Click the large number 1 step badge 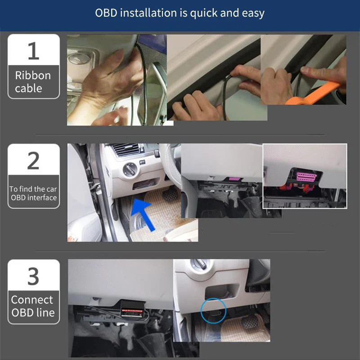(33, 51)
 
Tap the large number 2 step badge (33, 161)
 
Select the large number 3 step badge (33, 276)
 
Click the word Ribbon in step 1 (33, 76)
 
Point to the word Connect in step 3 (32, 300)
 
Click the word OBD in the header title (106, 13)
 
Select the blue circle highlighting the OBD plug (213, 311)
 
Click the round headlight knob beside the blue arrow (130, 170)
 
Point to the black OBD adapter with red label (132, 309)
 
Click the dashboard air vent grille (126, 149)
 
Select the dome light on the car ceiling (79, 58)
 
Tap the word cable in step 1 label (28, 88)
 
